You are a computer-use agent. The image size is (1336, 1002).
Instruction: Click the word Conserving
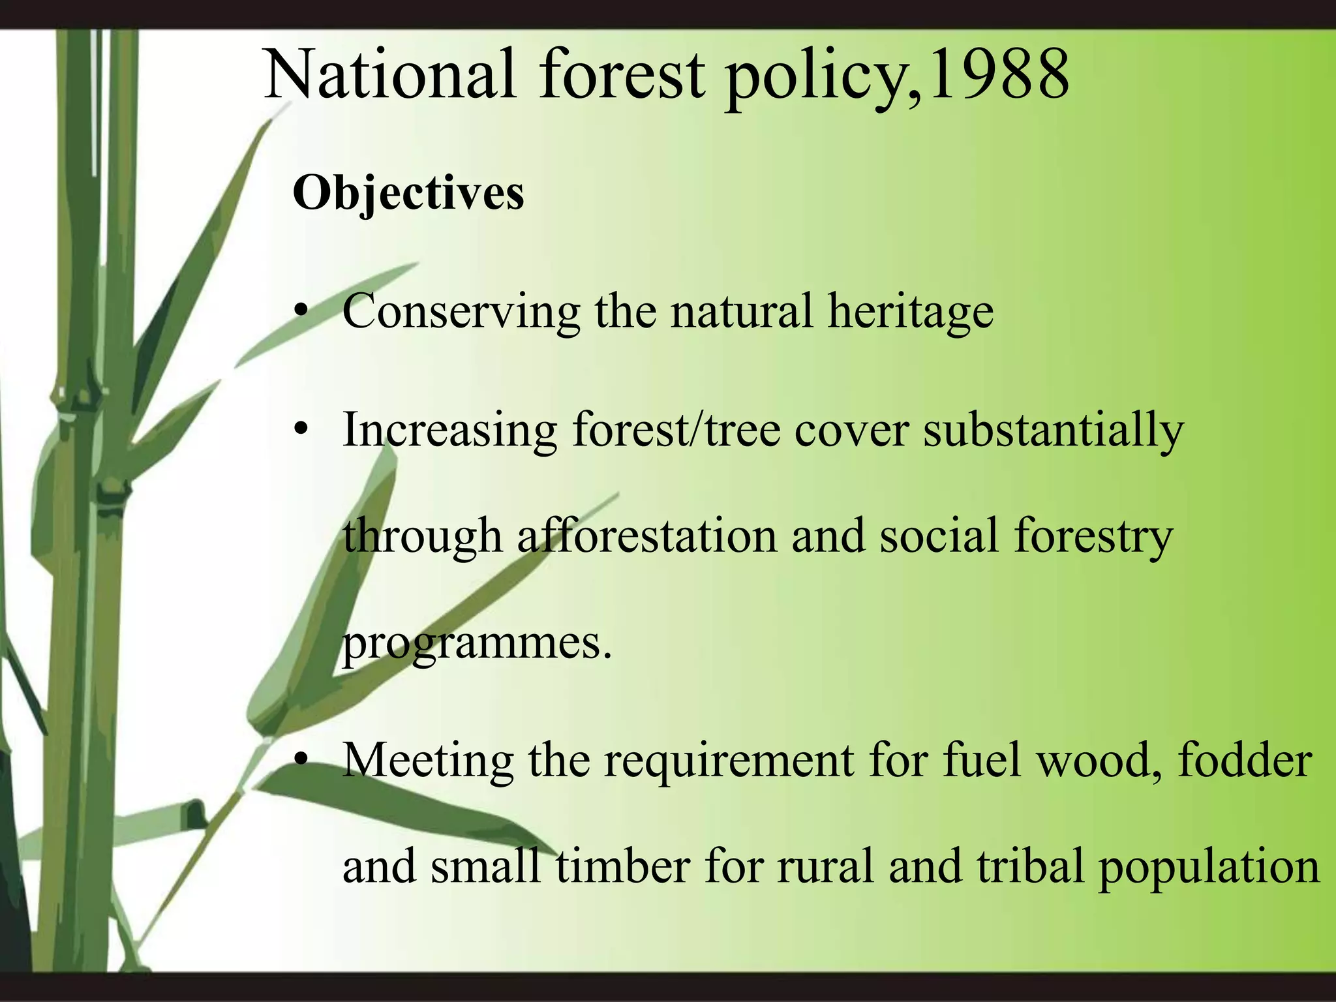tap(461, 311)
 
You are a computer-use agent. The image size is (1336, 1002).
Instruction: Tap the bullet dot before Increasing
tap(300, 429)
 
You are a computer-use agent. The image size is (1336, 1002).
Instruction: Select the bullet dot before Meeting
tap(300, 760)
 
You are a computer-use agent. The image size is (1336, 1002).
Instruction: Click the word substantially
tap(1053, 431)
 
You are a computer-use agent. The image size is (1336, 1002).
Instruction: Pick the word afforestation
tap(647, 536)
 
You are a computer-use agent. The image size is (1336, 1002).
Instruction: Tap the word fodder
tap(1245, 760)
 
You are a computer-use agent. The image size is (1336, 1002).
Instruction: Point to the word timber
tap(622, 866)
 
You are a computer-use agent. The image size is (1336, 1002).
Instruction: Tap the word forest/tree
tap(676, 431)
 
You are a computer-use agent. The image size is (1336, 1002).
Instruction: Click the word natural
tap(742, 311)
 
